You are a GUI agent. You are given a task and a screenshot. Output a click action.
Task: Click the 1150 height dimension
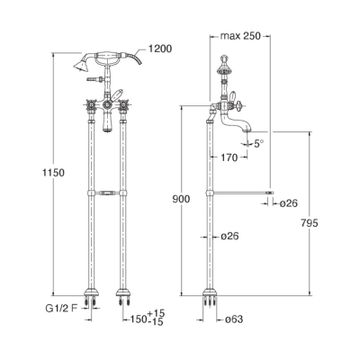[53, 173]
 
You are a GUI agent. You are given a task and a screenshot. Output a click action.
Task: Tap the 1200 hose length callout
[160, 49]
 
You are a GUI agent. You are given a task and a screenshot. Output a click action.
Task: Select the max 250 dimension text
[240, 36]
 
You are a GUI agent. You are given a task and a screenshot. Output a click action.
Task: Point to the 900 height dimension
[181, 199]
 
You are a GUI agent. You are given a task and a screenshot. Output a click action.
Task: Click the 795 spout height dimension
[309, 223]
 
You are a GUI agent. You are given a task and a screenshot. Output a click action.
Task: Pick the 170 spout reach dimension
[229, 157]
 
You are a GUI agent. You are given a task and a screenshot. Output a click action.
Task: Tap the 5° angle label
[259, 144]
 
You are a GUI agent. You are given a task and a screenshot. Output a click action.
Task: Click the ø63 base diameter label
[234, 319]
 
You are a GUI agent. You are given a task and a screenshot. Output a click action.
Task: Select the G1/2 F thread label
[61, 309]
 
